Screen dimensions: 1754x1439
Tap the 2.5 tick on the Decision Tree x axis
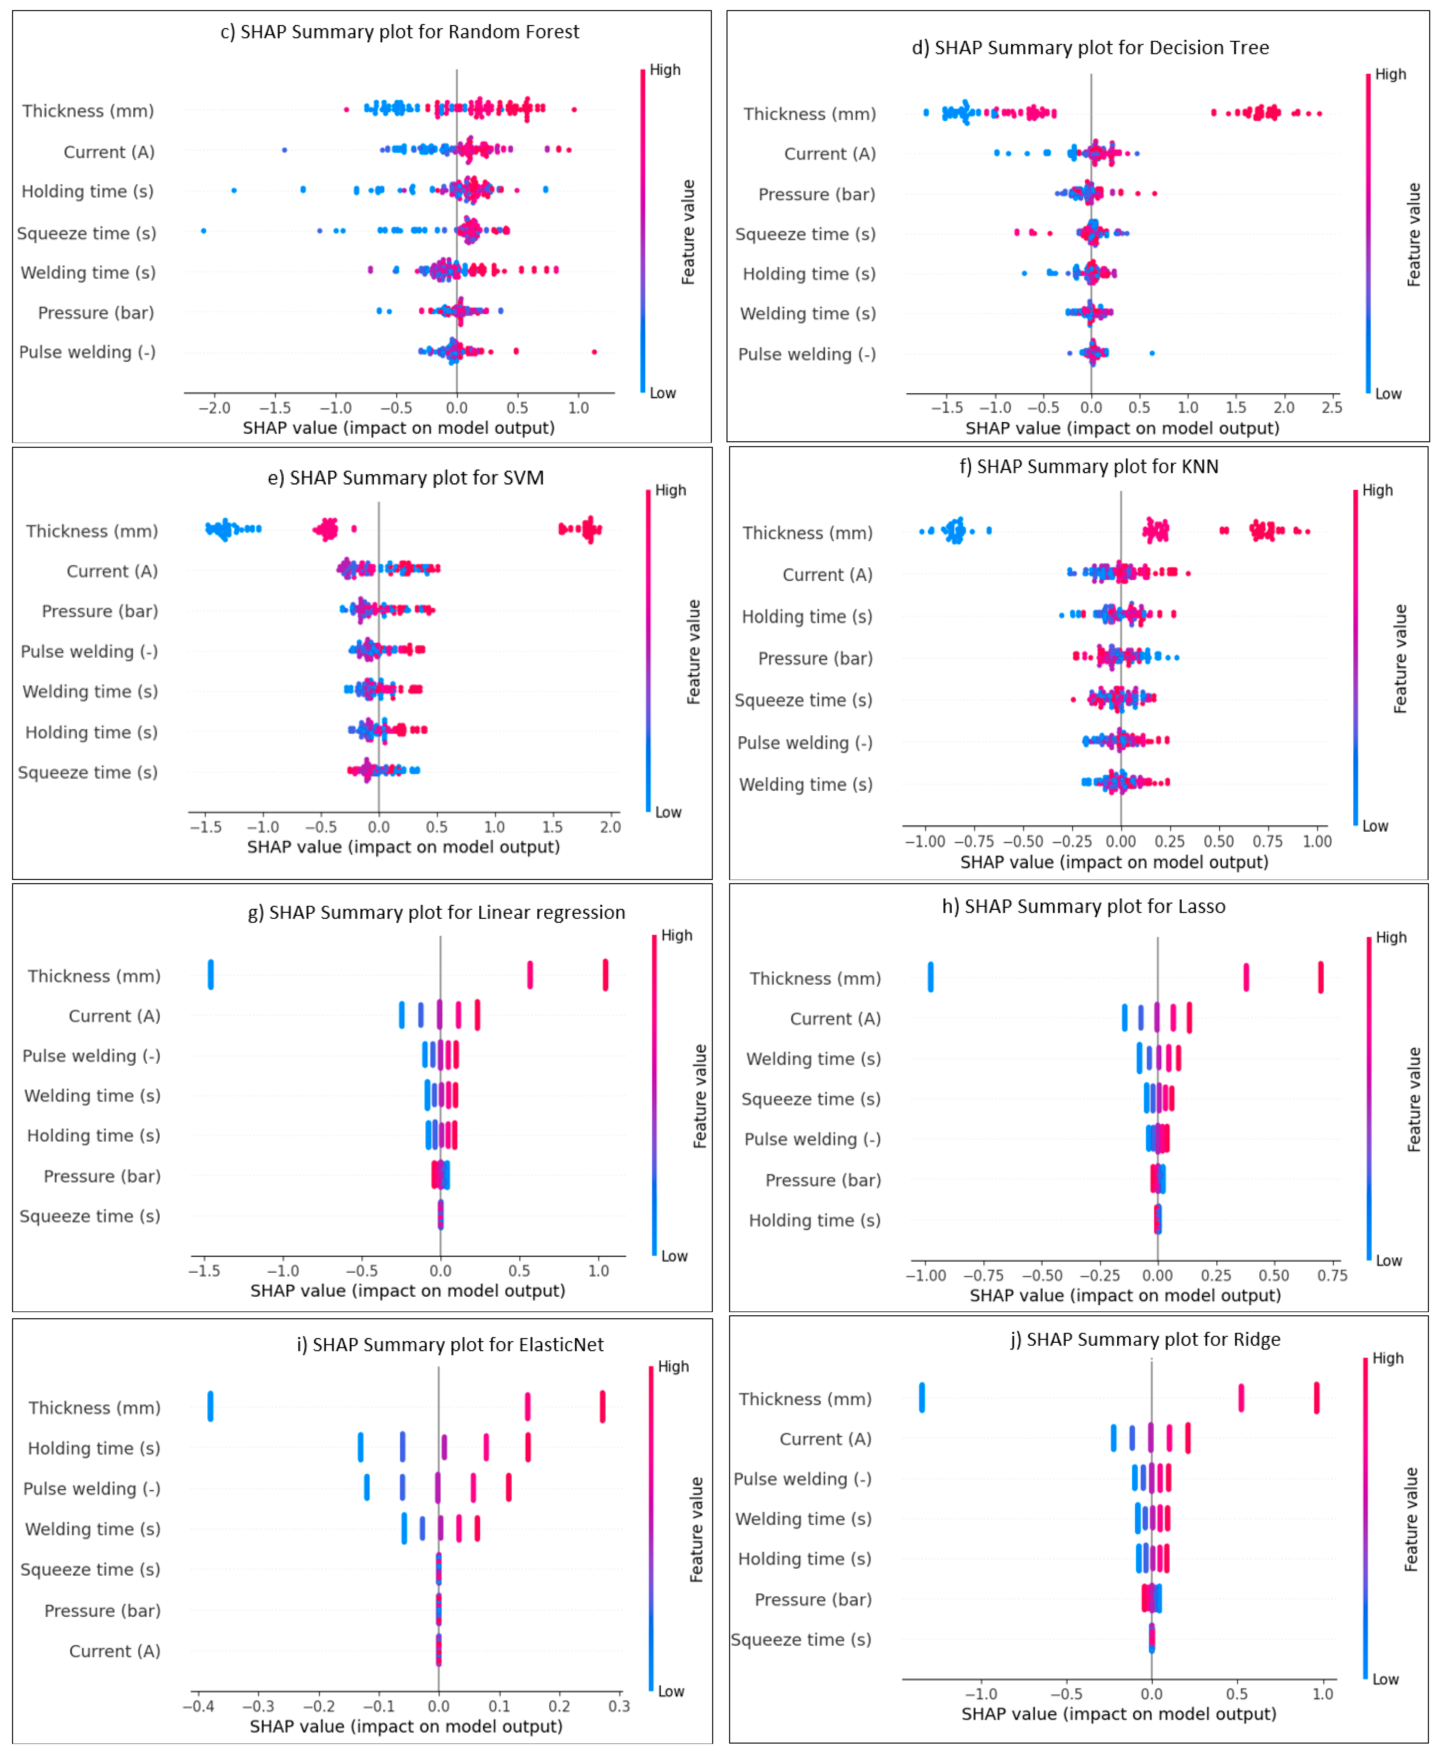coord(1331,408)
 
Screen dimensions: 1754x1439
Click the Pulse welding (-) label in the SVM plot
coord(89,651)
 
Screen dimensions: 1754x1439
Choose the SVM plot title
coord(405,478)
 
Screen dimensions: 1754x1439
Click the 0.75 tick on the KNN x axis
coord(1268,841)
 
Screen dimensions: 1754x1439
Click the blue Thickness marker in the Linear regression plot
coord(211,975)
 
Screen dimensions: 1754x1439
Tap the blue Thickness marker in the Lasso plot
coord(930,977)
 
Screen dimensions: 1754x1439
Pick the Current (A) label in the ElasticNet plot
coord(114,1651)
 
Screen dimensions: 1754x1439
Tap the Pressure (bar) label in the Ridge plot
coord(812,1600)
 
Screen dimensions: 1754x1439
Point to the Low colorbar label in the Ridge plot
coord(1385,1679)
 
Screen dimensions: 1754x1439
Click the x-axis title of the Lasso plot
coord(1125,1295)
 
